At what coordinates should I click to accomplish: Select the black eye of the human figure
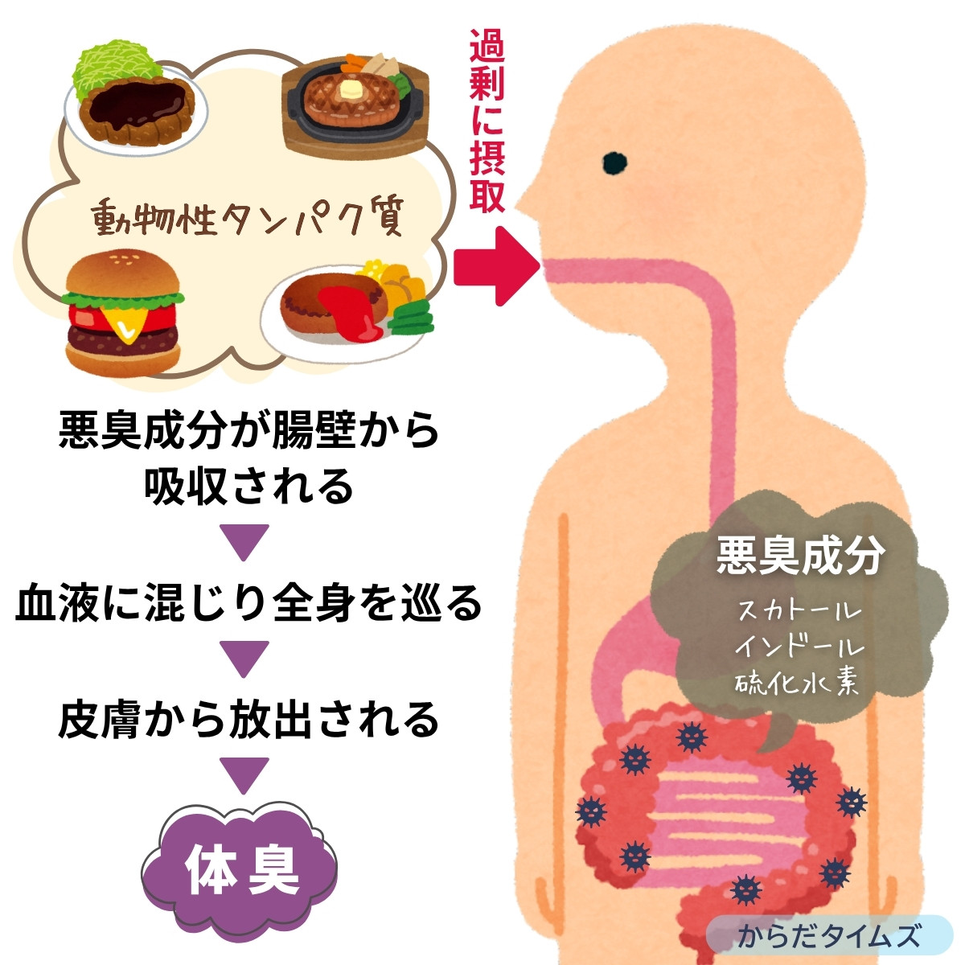(x=614, y=163)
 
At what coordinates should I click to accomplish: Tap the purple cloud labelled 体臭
(x=240, y=868)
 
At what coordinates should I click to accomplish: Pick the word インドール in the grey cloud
(x=799, y=646)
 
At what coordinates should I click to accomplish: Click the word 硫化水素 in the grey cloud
(x=798, y=682)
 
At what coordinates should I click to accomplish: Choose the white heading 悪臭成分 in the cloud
(x=800, y=556)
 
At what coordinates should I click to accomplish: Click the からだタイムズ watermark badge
(x=828, y=936)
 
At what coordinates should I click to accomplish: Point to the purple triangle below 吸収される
(x=244, y=542)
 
